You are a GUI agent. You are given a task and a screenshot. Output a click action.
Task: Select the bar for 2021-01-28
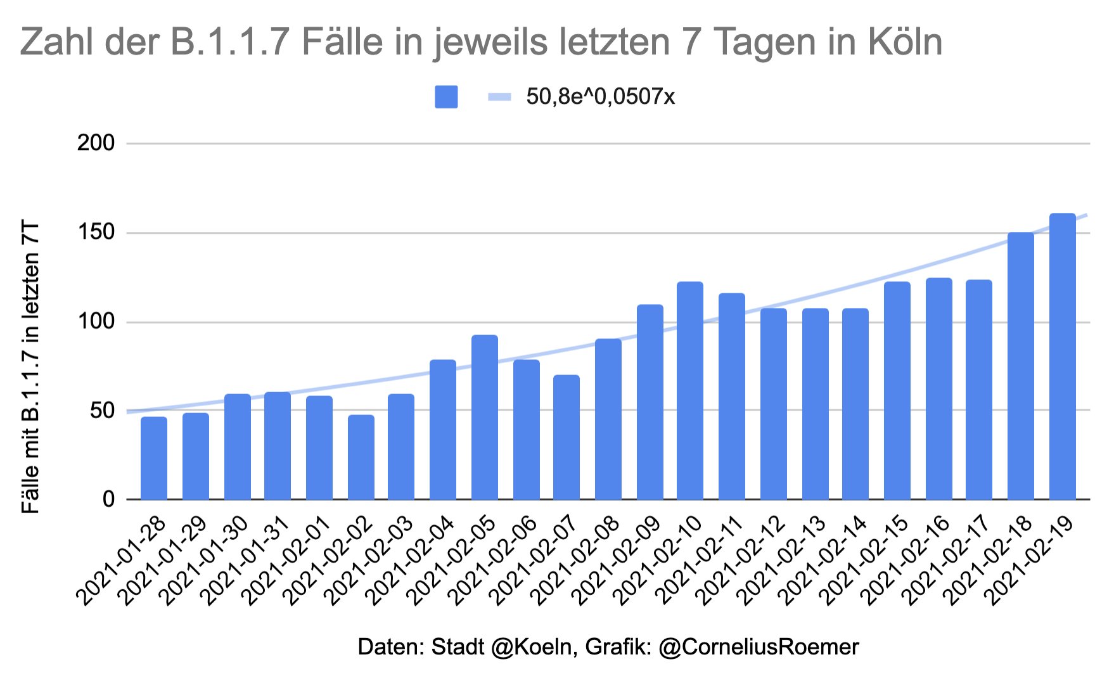[154, 458]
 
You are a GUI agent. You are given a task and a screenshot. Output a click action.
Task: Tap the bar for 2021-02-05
[485, 418]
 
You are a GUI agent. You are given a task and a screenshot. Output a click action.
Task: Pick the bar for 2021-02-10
[690, 391]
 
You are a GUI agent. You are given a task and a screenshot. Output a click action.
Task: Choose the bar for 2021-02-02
[361, 457]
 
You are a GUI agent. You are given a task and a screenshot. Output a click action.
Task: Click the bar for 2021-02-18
[1021, 366]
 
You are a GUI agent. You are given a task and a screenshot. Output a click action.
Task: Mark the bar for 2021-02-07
[567, 437]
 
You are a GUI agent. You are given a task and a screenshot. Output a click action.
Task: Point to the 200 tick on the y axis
[96, 144]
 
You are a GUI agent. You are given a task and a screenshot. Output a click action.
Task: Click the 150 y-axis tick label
[96, 233]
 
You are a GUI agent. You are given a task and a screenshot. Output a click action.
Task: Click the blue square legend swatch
[446, 97]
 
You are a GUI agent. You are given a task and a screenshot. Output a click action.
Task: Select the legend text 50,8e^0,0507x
[601, 97]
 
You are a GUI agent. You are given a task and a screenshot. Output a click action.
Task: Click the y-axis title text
[31, 367]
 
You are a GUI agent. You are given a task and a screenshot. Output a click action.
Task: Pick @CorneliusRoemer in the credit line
[759, 647]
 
